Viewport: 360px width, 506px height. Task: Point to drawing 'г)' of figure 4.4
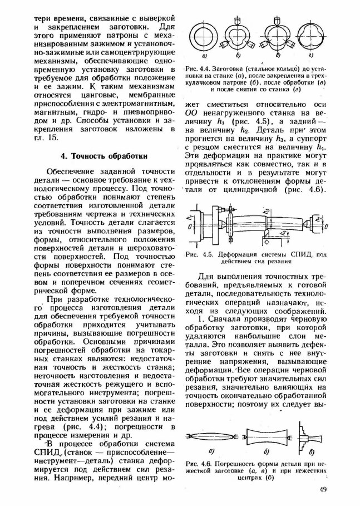point(315,37)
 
